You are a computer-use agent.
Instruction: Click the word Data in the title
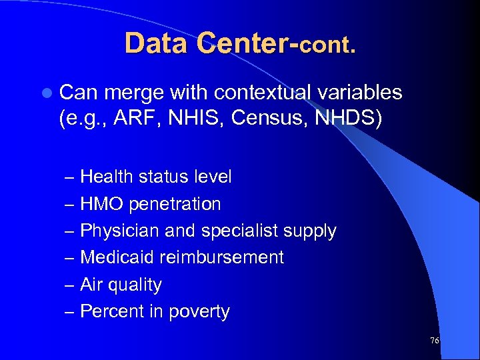153,44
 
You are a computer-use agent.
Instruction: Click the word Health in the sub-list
107,177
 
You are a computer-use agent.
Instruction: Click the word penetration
175,204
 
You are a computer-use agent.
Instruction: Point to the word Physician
121,231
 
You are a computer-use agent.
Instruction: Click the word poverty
199,312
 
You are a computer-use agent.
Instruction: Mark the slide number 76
434,341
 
